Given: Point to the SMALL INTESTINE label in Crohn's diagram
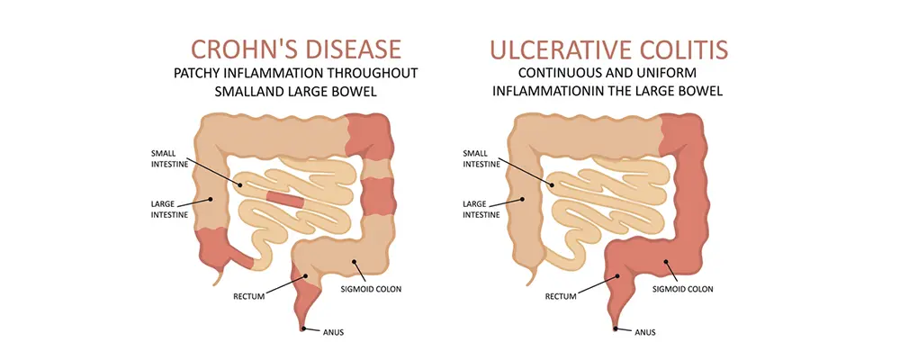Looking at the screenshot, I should [171, 157].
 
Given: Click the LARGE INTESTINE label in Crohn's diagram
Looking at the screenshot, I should [169, 209].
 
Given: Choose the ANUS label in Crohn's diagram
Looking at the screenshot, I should [333, 332].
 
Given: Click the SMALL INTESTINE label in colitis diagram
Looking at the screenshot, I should [481, 157].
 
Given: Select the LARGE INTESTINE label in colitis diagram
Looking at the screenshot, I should [481, 209].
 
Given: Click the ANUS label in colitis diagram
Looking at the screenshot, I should [644, 332].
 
